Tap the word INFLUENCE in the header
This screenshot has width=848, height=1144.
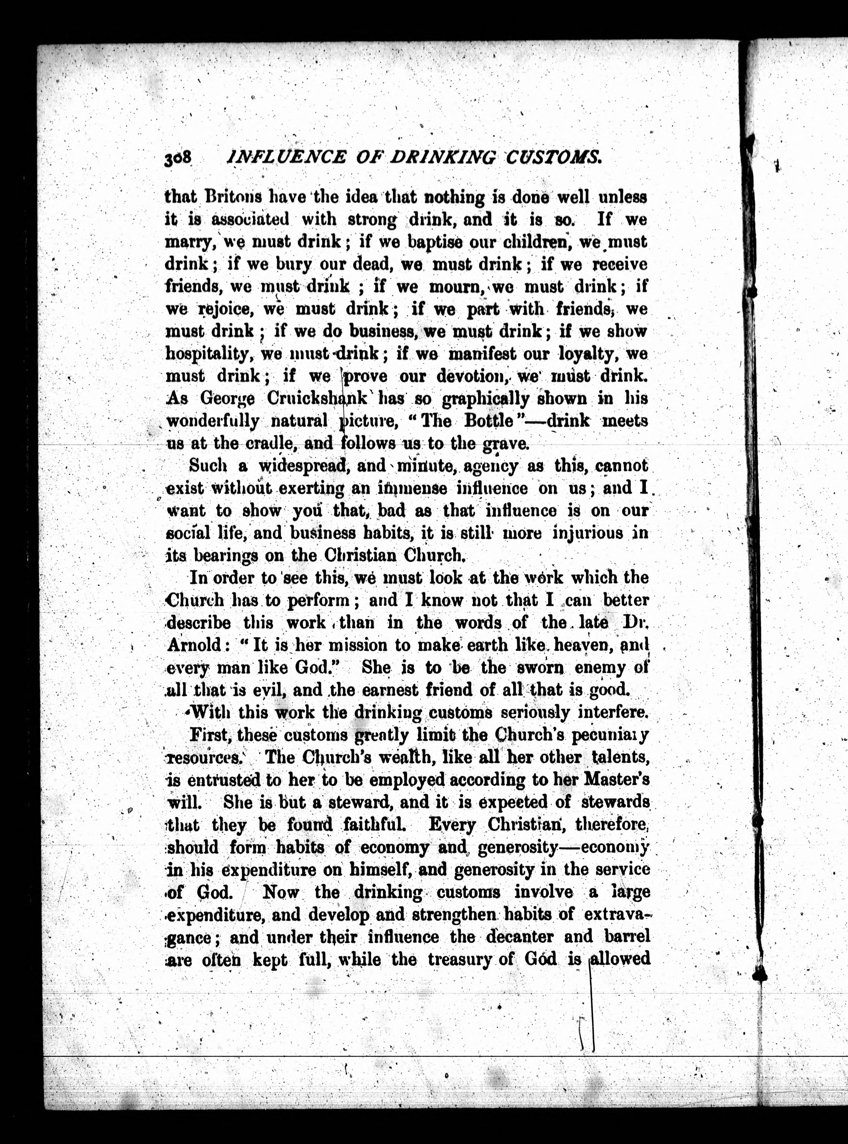[286, 157]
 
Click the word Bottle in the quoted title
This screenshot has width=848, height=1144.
[488, 421]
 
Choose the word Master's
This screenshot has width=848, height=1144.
[617, 780]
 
